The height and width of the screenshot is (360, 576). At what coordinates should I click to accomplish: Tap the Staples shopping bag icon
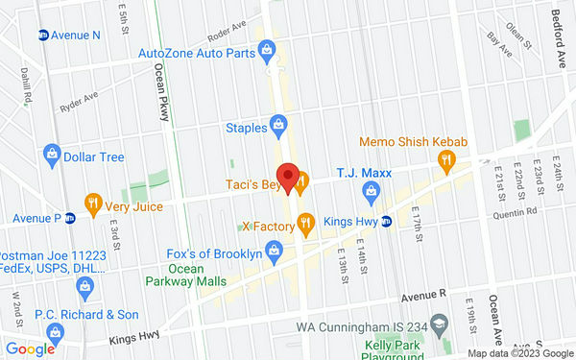[278, 124]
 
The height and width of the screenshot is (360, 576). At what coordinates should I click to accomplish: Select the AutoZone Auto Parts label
[197, 53]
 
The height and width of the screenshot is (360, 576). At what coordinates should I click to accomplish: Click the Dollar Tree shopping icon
[52, 155]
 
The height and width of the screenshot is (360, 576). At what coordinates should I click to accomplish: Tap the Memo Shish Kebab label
[413, 142]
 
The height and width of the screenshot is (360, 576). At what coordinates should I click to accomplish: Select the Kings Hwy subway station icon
[386, 223]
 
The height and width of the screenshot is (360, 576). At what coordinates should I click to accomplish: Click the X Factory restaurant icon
[306, 227]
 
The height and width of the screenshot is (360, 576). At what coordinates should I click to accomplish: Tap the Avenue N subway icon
[43, 36]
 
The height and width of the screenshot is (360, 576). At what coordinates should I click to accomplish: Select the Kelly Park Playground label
[395, 350]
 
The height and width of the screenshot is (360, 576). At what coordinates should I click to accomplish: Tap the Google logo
[29, 348]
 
